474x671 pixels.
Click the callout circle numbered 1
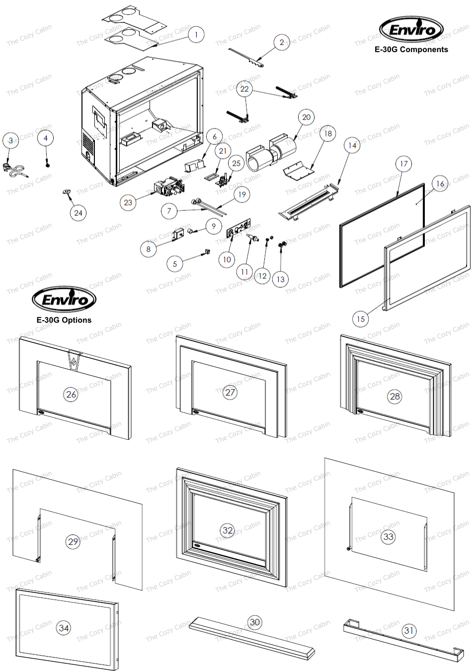click(x=196, y=35)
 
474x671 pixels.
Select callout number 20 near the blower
click(x=306, y=117)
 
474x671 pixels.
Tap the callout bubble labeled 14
click(x=352, y=145)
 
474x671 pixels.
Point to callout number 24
click(x=78, y=213)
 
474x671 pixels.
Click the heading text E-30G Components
click(x=411, y=50)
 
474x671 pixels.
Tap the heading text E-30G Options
click(x=64, y=320)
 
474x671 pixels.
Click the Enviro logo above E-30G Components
click(x=411, y=29)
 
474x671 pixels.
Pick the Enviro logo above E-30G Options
click(x=64, y=299)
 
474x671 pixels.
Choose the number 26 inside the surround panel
click(x=71, y=395)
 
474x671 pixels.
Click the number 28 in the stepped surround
click(x=395, y=396)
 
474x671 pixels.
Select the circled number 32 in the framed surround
click(x=228, y=530)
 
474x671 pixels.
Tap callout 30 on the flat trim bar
click(x=254, y=622)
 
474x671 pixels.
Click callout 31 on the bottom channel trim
click(x=408, y=630)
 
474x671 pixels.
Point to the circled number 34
click(x=64, y=628)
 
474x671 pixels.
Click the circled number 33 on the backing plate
click(x=388, y=537)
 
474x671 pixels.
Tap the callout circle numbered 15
click(x=361, y=319)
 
